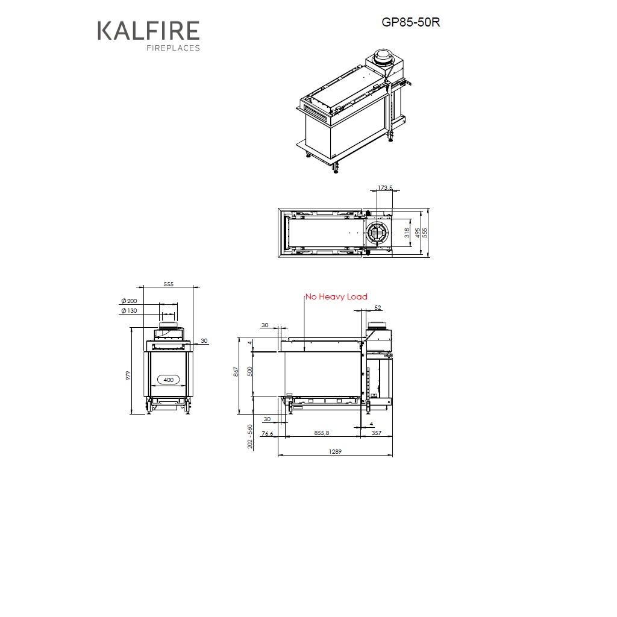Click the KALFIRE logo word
click(x=148, y=31)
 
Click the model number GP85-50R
click(x=410, y=22)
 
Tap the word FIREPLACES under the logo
click(x=173, y=48)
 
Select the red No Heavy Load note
click(x=336, y=296)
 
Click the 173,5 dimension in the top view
click(x=385, y=188)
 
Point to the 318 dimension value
click(x=407, y=233)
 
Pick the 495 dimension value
click(x=418, y=233)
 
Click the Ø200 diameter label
click(x=129, y=301)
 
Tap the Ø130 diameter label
click(x=129, y=311)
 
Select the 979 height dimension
click(x=128, y=375)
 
